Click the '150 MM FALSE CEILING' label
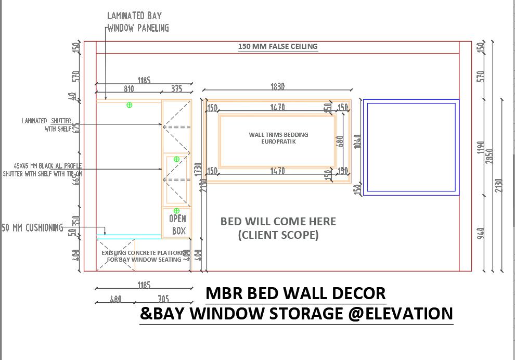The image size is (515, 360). click(278, 46)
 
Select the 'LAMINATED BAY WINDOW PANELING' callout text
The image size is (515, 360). click(138, 22)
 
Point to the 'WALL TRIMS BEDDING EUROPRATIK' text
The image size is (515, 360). click(278, 138)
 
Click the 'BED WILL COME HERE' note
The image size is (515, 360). click(278, 222)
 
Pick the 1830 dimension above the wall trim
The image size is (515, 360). click(278, 87)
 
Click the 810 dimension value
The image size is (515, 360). click(128, 89)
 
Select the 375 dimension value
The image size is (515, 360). click(177, 89)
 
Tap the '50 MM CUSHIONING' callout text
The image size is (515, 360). click(32, 228)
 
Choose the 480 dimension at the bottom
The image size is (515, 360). click(115, 299)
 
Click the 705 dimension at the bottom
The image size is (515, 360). click(163, 299)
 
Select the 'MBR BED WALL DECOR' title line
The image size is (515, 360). click(295, 293)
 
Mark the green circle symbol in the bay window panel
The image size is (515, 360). click(130, 105)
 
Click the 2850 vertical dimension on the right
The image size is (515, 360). click(489, 156)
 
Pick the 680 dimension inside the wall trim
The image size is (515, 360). click(340, 142)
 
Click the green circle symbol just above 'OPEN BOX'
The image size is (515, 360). click(176, 211)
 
